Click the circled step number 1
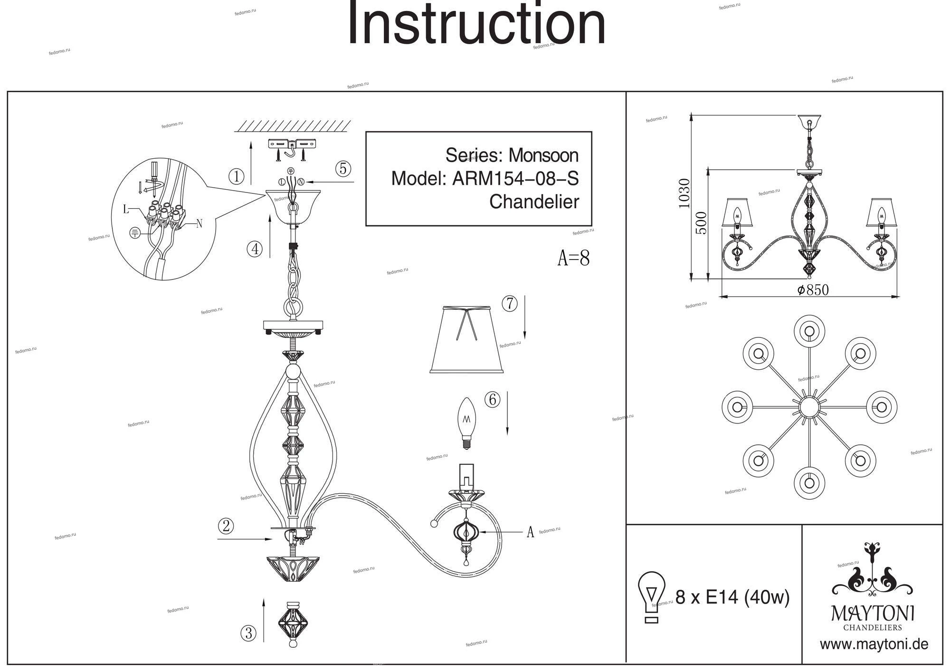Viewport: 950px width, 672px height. (x=236, y=177)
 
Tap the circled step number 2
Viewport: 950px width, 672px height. (x=226, y=526)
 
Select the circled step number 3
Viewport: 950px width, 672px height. (x=248, y=633)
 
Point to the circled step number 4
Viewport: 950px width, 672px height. (x=255, y=249)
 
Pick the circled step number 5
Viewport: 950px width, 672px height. (x=342, y=169)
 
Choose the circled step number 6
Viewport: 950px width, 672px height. (x=492, y=400)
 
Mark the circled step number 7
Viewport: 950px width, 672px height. (x=509, y=303)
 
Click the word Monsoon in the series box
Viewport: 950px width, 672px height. (x=543, y=155)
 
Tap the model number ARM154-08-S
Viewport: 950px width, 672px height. (x=515, y=179)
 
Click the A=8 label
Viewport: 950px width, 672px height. (x=573, y=258)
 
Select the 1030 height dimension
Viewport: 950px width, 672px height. (x=684, y=193)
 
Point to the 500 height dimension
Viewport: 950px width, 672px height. (x=701, y=222)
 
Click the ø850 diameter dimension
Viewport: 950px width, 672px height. (x=813, y=290)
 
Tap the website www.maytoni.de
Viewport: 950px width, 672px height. (x=874, y=644)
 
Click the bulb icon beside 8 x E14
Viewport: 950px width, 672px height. (x=651, y=596)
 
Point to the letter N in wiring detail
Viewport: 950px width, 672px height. (x=199, y=223)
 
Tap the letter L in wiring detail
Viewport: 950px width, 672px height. (x=126, y=210)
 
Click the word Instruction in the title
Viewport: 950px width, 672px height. (x=477, y=24)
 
